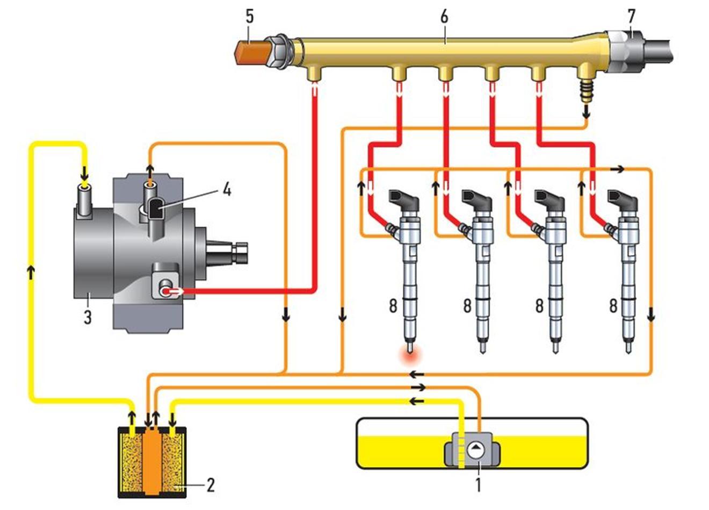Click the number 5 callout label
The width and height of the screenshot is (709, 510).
(250, 17)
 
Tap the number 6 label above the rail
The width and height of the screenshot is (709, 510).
(444, 17)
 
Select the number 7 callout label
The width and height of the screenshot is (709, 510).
(631, 17)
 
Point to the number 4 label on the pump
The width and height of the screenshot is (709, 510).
(227, 190)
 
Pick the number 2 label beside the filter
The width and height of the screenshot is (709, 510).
(211, 485)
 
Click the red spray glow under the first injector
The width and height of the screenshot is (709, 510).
(409, 354)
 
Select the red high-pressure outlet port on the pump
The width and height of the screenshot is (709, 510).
(167, 291)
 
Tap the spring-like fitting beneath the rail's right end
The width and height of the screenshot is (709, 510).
(587, 89)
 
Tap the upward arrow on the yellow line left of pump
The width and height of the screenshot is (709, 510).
(32, 272)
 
